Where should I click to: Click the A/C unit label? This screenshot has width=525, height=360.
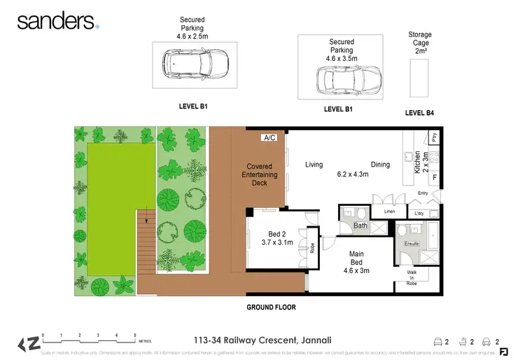pos(269,138)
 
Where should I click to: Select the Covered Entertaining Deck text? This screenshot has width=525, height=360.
pos(260,174)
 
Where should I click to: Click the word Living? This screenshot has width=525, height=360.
pos(314,165)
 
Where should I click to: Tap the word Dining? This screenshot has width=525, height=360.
pos(381,165)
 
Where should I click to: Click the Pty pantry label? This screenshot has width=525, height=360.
pos(434,138)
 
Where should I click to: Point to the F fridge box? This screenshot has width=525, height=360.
pos(434,178)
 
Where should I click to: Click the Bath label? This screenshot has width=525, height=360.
pos(360,226)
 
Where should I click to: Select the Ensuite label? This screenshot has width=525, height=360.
pos(411,244)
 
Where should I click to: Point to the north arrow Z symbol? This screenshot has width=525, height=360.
pos(29,343)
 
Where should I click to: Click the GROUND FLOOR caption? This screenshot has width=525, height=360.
pos(271,307)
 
